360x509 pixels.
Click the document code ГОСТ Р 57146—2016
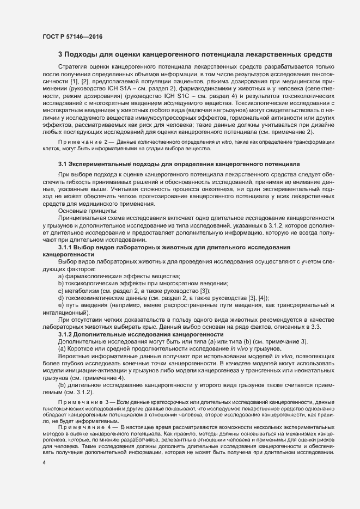[x=72, y=37]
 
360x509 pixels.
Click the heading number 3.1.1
[x=66, y=248]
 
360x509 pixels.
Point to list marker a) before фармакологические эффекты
[x=61, y=276]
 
